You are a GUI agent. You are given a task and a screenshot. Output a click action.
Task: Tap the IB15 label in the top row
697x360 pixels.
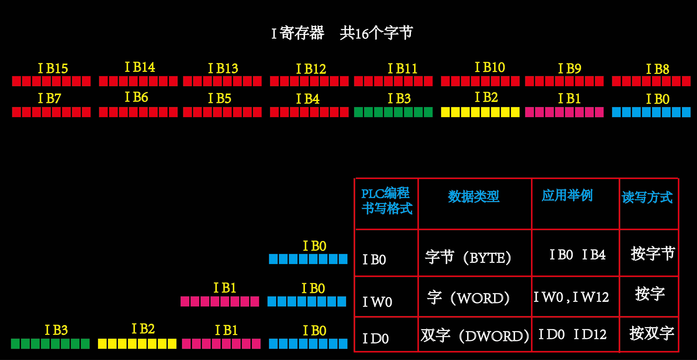(x=53, y=68)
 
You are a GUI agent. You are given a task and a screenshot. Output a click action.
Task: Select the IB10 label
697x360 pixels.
(x=490, y=67)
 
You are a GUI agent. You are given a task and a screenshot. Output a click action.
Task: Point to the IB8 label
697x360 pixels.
(x=657, y=69)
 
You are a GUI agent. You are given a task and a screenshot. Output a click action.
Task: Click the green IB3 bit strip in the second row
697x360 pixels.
(x=393, y=112)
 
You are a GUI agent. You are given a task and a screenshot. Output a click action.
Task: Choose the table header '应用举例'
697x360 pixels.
(x=567, y=195)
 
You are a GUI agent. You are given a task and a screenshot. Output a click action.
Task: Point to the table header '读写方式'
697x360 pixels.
(x=647, y=197)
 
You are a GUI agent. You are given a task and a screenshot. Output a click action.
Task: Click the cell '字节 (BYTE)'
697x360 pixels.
(x=468, y=257)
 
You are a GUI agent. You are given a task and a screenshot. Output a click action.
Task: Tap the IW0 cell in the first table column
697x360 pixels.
(x=377, y=302)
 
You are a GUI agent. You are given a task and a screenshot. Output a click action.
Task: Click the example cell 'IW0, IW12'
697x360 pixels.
(x=571, y=297)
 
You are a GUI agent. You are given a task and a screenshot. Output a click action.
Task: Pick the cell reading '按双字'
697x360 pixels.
(x=652, y=333)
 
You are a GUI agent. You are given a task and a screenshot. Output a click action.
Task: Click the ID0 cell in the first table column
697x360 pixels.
(x=376, y=338)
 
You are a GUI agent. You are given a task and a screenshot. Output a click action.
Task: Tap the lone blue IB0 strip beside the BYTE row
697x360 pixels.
(x=308, y=259)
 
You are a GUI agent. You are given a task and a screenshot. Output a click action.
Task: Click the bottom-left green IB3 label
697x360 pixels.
(x=56, y=330)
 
